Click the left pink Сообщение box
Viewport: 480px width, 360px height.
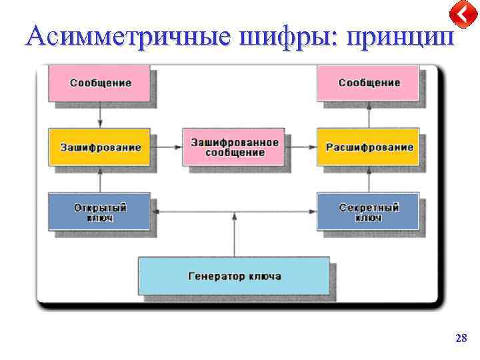(x=100, y=83)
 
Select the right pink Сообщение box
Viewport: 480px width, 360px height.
(x=369, y=83)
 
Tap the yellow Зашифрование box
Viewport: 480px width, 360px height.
(x=100, y=147)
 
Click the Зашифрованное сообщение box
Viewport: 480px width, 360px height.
(x=234, y=147)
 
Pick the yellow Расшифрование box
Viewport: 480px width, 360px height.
(x=369, y=147)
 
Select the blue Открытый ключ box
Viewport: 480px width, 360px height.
(x=100, y=212)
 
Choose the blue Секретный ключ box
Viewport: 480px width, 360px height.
(x=369, y=212)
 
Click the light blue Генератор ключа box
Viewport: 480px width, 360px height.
(x=234, y=276)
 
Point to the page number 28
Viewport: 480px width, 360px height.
(x=461, y=339)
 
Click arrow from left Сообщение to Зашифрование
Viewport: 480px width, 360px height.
(x=100, y=114)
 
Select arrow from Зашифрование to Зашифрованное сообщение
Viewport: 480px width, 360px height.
(x=167, y=143)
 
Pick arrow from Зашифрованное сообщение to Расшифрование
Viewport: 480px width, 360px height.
(x=302, y=143)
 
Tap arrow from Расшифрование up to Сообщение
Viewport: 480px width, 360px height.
(x=369, y=114)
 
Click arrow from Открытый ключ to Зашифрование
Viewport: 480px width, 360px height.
(x=100, y=179)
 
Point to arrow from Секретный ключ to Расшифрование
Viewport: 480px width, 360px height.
(x=369, y=179)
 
